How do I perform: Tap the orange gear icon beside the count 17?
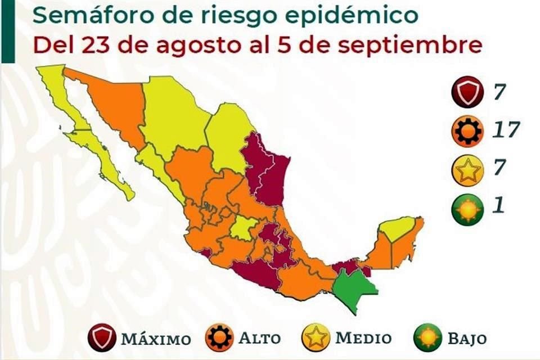click(467, 131)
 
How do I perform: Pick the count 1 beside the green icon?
click(498, 206)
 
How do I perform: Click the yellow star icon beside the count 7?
click(467, 170)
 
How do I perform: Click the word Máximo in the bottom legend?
click(155, 339)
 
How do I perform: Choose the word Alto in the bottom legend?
click(259, 339)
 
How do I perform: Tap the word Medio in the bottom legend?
click(363, 339)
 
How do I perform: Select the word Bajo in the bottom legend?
click(467, 339)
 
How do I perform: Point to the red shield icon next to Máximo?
click(102, 339)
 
